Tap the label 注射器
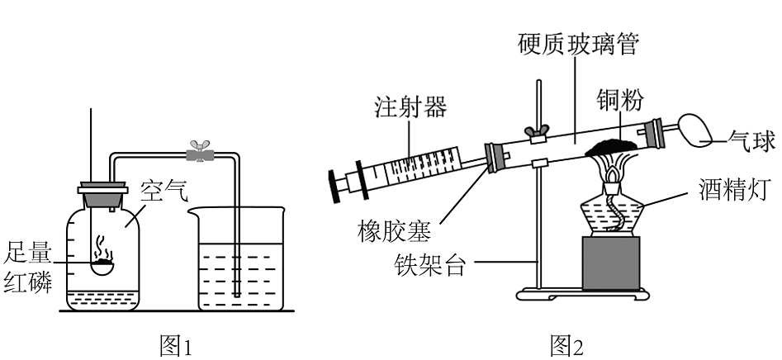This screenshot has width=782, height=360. [x=410, y=107]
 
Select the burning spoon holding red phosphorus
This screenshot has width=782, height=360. [x=102, y=265]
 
